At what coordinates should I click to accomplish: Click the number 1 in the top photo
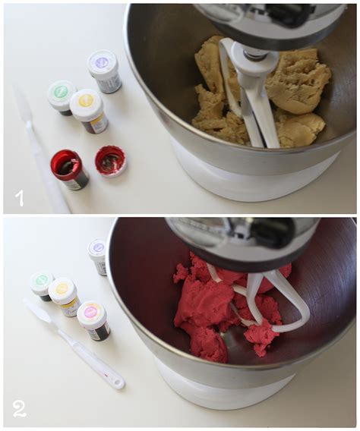click(x=19, y=198)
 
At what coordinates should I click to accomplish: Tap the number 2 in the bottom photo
click(x=19, y=409)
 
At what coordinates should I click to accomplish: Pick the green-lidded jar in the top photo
click(x=61, y=96)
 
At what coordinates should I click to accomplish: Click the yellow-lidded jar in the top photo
click(x=88, y=110)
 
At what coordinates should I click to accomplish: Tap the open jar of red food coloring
click(x=70, y=168)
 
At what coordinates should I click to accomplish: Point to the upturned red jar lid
click(x=110, y=161)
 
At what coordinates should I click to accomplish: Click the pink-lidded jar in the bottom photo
click(x=93, y=319)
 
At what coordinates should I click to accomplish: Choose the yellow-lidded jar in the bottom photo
click(x=63, y=295)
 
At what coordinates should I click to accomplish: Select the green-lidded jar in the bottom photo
click(x=42, y=285)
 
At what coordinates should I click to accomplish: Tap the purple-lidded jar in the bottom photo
click(x=98, y=256)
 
